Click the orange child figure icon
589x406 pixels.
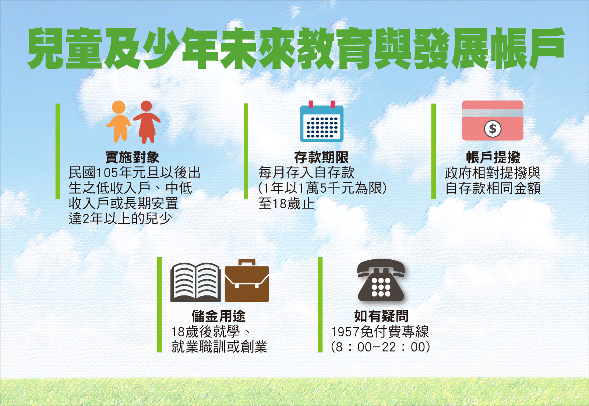[x=118, y=122]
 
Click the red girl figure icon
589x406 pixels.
[x=147, y=122]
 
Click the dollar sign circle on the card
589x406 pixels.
[x=493, y=129]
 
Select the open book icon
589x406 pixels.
[x=195, y=282]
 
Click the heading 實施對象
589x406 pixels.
[x=132, y=157]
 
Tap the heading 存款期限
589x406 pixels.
[x=321, y=157]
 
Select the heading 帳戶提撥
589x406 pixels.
[x=493, y=157]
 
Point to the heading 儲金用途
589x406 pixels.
[x=218, y=316]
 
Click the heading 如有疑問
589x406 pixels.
[x=381, y=316]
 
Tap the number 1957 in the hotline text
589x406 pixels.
[x=345, y=332]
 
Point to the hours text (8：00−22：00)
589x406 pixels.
[x=381, y=347]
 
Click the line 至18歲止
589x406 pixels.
[x=286, y=204]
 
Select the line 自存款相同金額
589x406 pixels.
[x=493, y=188]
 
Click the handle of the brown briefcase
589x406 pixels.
[x=247, y=263]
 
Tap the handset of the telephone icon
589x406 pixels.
[x=381, y=267]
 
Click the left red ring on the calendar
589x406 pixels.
[x=311, y=104]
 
